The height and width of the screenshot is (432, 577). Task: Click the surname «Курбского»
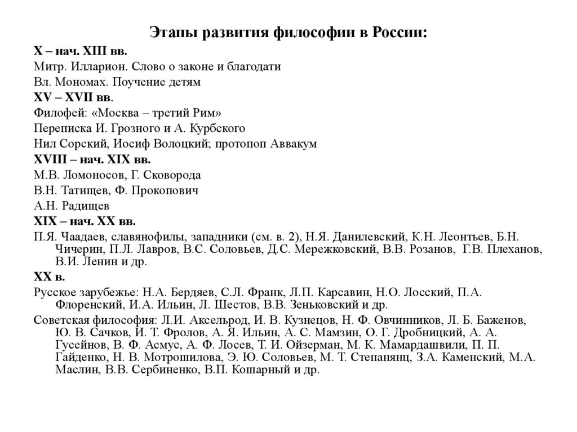click(218, 128)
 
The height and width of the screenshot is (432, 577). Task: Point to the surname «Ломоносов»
click(95, 175)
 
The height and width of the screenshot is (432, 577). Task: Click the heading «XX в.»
click(50, 277)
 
